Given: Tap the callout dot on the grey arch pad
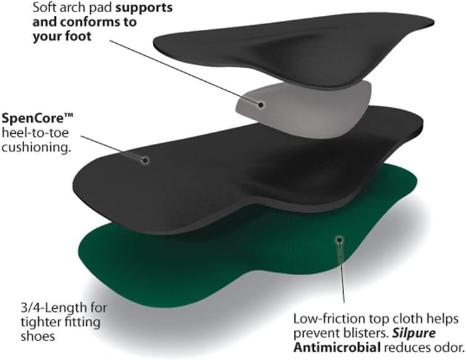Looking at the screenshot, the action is point(261,105).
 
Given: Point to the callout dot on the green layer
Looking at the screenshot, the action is point(339,240).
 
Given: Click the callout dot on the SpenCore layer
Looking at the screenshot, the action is point(145,160).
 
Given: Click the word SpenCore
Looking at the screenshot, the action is point(34,119).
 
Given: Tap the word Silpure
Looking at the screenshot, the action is point(413,333).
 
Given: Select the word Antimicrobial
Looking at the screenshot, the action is point(337,347).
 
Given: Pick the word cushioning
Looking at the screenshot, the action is point(36,147).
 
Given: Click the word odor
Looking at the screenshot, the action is point(450,347).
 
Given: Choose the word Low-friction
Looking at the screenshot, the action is point(330,319).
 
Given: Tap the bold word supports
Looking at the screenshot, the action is point(144,8).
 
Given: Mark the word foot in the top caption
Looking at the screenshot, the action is point(78,36).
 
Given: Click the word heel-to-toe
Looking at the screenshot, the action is point(35,132).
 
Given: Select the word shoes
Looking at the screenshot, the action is point(38,337).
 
